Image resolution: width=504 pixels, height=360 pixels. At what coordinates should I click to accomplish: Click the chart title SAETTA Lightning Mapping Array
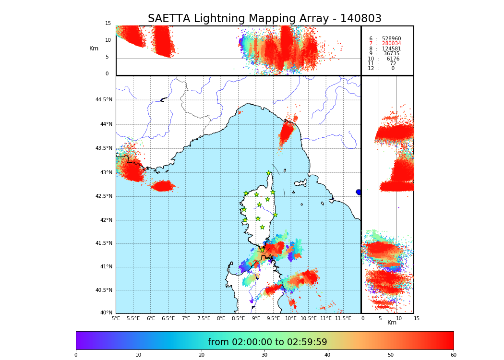coord(264,19)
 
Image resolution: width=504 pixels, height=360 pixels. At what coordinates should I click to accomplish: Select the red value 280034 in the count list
coord(391,44)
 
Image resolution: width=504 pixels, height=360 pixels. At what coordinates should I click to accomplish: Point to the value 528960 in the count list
coord(391,39)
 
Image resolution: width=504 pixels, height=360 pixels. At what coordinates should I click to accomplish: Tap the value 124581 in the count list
coord(391,49)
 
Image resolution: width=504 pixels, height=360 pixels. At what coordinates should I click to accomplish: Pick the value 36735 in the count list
coord(391,54)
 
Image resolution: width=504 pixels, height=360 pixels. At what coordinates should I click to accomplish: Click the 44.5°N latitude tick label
coord(104,100)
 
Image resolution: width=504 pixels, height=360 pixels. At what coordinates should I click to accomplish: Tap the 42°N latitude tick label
coord(106,220)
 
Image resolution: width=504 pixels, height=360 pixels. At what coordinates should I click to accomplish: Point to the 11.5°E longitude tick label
coord(343,318)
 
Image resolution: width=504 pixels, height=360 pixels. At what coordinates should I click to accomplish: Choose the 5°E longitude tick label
coord(116,318)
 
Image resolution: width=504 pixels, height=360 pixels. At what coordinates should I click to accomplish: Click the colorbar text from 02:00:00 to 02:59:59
coord(267,342)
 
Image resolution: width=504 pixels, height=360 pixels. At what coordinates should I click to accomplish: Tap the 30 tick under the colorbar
coord(264,355)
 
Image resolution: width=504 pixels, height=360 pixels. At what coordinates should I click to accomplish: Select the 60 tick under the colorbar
coord(453,355)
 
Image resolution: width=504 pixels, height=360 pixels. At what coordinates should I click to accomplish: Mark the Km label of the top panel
coord(94,48)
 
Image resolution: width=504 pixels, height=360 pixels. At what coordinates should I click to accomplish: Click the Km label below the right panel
coord(392,323)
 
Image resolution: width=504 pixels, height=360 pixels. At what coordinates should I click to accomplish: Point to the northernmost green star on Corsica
coord(269,173)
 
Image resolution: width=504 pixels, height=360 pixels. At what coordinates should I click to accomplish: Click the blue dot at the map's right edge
coord(359,192)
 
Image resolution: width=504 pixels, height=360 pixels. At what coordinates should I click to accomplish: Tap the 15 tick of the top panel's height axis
coord(108,24)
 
